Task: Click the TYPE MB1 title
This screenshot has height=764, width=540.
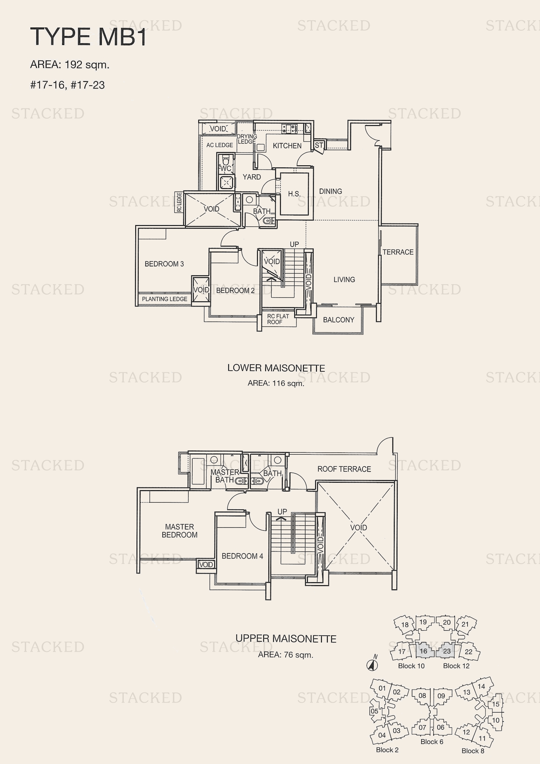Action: (x=88, y=37)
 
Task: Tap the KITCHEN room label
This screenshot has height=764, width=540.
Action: (x=287, y=146)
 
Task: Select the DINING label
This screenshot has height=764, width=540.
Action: (x=330, y=191)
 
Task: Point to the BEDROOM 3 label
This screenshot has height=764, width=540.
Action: (x=164, y=264)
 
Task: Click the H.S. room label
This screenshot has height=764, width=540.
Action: (x=294, y=194)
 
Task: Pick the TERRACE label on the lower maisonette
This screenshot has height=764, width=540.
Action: (x=398, y=252)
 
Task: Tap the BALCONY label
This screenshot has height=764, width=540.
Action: (x=339, y=320)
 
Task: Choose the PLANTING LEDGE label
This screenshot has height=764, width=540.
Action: (x=165, y=299)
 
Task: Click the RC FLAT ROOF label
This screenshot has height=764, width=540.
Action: (x=278, y=319)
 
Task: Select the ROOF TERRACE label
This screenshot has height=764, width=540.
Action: (x=344, y=469)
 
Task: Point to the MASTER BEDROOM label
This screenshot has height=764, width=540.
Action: (x=180, y=531)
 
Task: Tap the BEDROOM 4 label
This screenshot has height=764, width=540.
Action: (x=242, y=556)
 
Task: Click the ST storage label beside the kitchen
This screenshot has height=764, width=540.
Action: (x=319, y=145)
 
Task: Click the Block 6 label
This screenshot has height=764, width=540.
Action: (x=432, y=742)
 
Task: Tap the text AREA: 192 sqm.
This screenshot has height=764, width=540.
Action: (x=70, y=65)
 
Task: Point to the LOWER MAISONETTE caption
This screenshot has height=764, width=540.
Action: (x=276, y=368)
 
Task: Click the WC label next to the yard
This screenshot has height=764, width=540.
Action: (x=226, y=168)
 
